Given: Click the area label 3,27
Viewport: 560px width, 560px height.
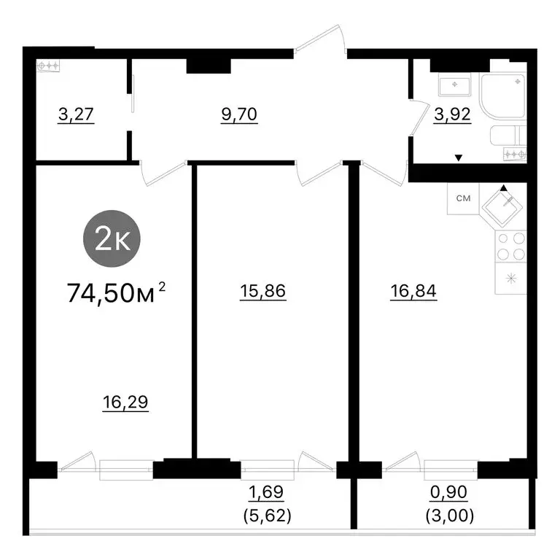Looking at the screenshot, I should (x=75, y=114).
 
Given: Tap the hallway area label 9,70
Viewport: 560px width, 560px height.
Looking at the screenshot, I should (x=241, y=114).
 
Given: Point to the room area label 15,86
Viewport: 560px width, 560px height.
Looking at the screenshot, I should (x=262, y=291).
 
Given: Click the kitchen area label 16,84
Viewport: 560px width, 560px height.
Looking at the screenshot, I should (x=413, y=291).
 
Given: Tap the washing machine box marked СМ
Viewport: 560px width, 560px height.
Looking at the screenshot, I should (x=462, y=198).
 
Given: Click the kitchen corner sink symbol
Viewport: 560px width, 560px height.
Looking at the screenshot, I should (x=502, y=206).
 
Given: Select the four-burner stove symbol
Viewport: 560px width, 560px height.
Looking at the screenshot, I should (x=510, y=246).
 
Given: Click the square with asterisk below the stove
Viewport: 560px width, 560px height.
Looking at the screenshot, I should (x=510, y=279).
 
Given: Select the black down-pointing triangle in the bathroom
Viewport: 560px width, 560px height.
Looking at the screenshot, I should (x=458, y=157).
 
